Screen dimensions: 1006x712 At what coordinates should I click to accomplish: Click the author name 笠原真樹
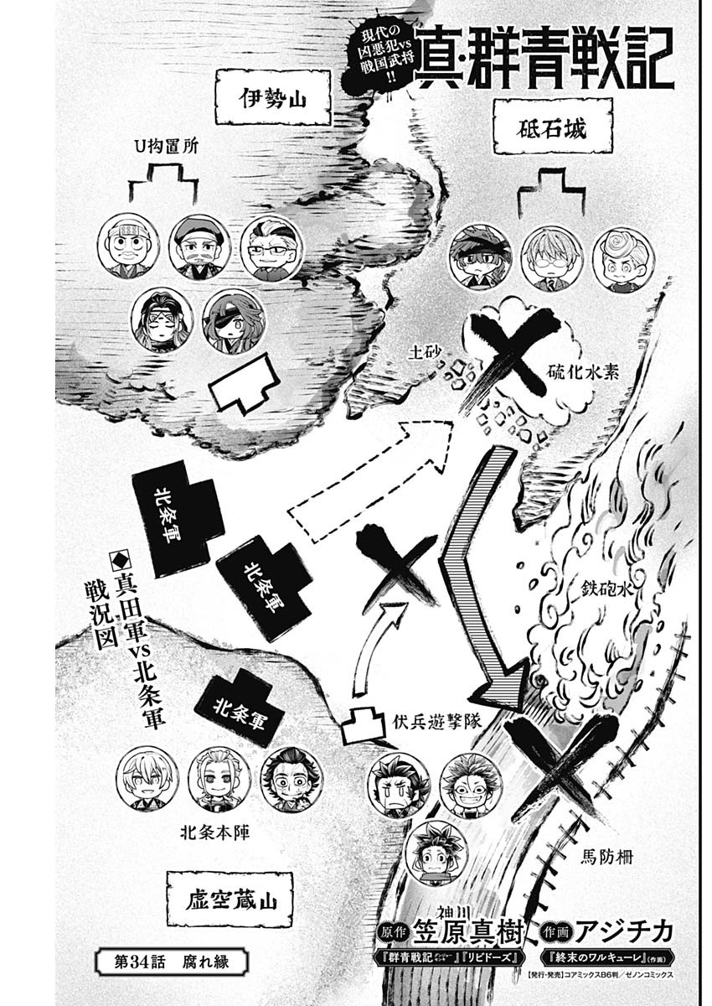click(475, 932)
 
